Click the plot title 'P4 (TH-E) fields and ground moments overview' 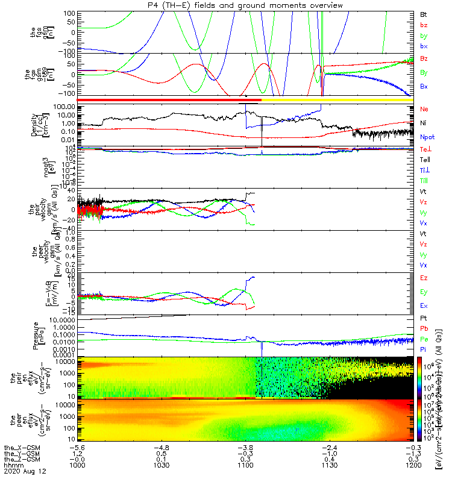[246, 5]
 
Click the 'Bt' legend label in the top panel [424, 13]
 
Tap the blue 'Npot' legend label [427, 137]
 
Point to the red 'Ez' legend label [424, 278]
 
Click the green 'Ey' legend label [424, 292]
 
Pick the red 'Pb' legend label [424, 330]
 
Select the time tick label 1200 [412, 465]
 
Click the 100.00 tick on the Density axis [64, 107]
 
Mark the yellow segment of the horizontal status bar [337, 99]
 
